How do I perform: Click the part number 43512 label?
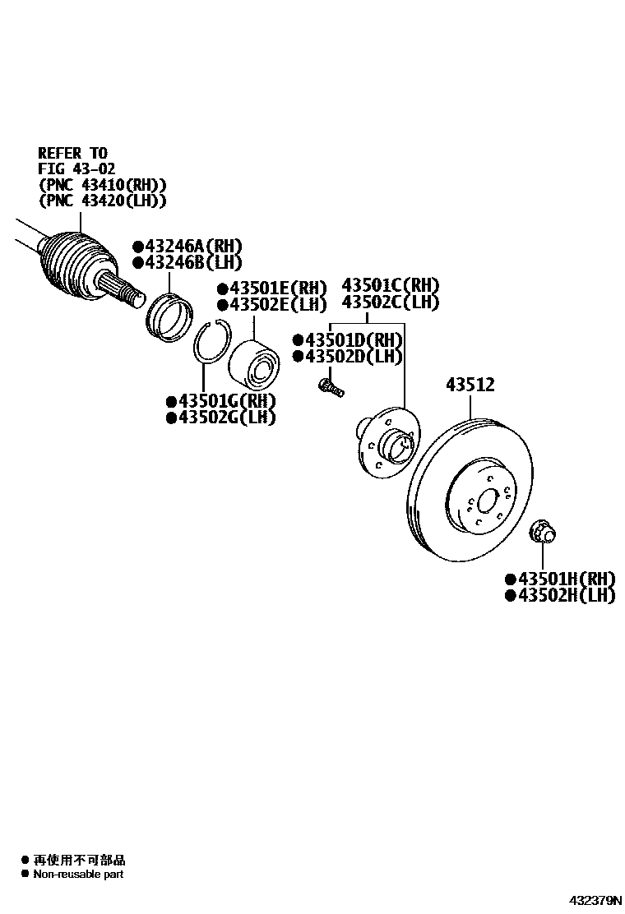click(470, 384)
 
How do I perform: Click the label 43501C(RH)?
click(391, 285)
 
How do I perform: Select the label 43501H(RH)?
click(564, 579)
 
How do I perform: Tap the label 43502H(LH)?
click(564, 595)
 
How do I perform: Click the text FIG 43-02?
click(78, 168)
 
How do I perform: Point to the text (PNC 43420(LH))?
click(102, 200)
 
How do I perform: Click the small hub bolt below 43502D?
click(330, 385)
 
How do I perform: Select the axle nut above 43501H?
click(541, 531)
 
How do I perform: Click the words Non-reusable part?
click(78, 874)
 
